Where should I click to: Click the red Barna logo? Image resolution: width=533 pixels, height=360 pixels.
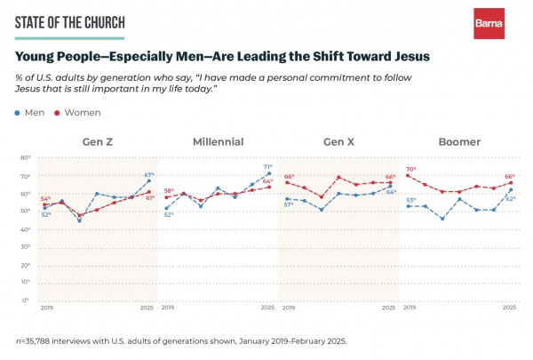(489, 23)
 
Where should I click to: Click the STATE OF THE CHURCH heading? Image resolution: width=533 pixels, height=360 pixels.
(70, 22)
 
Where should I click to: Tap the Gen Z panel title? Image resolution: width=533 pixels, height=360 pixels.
(98, 142)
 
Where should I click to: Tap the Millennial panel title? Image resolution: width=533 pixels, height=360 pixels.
(218, 142)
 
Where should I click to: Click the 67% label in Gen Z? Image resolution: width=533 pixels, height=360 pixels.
(149, 174)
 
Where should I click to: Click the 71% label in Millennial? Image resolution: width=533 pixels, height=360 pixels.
(268, 166)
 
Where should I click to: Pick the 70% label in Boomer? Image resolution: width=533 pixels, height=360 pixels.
(411, 169)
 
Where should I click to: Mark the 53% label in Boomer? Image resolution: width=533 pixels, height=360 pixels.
(411, 200)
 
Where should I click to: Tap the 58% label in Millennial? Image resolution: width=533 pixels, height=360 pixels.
(169, 191)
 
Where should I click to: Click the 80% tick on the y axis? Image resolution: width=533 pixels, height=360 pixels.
(26, 157)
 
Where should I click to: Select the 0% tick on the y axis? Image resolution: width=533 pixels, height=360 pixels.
(27, 300)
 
